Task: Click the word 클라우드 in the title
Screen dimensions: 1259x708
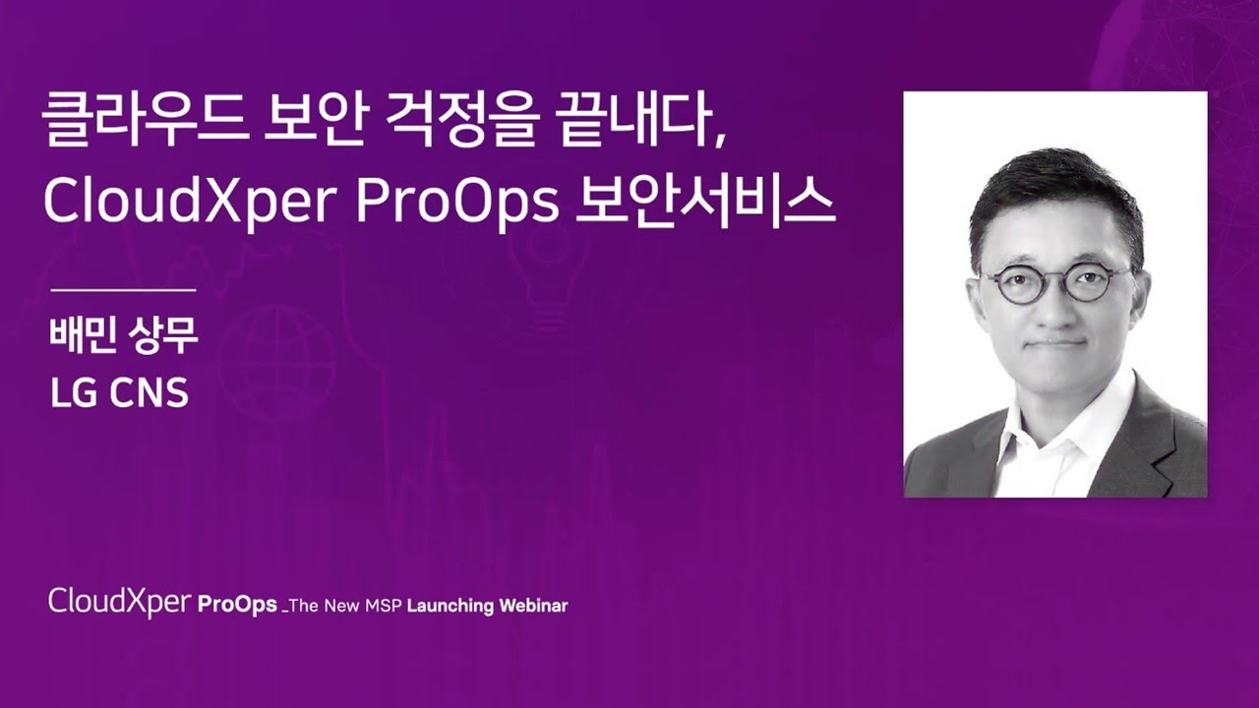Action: (x=146, y=120)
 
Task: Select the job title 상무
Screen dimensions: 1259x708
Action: (x=163, y=336)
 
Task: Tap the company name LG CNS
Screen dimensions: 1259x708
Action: (x=119, y=392)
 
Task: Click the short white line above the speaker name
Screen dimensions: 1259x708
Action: (x=123, y=290)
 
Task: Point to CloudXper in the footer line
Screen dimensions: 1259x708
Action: (x=120, y=603)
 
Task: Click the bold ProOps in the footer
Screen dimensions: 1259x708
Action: (x=237, y=605)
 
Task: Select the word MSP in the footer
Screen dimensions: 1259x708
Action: (x=384, y=606)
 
